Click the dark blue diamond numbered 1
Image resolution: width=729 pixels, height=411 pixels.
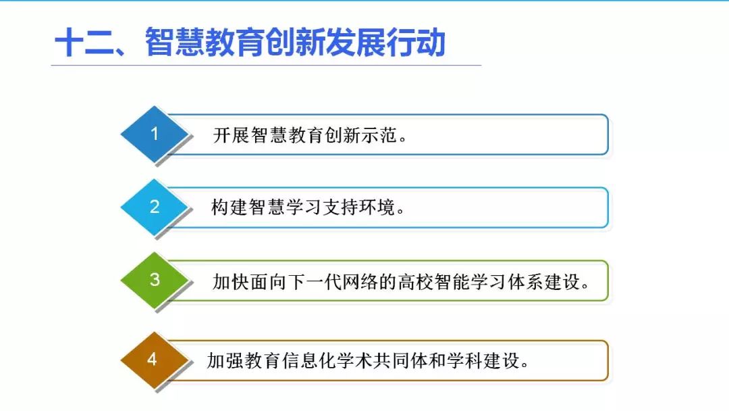155,134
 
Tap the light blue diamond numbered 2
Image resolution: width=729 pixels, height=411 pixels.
155,207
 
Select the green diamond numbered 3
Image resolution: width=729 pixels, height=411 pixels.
155,281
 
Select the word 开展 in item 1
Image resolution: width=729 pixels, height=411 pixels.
231,135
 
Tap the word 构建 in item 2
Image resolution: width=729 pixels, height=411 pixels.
230,207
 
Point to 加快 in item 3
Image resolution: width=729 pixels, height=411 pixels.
231,282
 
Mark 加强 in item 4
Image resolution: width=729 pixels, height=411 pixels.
225,361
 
